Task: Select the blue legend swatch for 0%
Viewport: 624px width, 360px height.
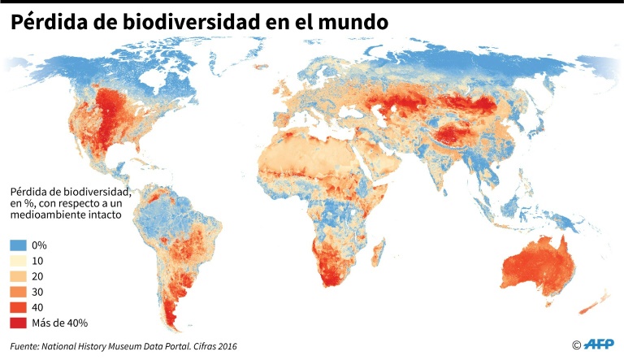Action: click(x=19, y=245)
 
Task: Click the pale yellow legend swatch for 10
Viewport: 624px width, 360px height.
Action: click(x=19, y=260)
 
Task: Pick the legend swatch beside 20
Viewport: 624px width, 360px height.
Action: click(x=19, y=275)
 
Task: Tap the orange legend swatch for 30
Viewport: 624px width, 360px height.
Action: click(x=19, y=291)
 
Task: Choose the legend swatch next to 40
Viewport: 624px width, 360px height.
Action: click(x=19, y=306)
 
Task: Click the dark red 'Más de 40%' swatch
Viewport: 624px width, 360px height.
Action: click(x=19, y=322)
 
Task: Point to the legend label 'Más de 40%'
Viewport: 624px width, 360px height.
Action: click(x=60, y=323)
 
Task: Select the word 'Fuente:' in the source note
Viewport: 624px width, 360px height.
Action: click(x=27, y=345)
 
